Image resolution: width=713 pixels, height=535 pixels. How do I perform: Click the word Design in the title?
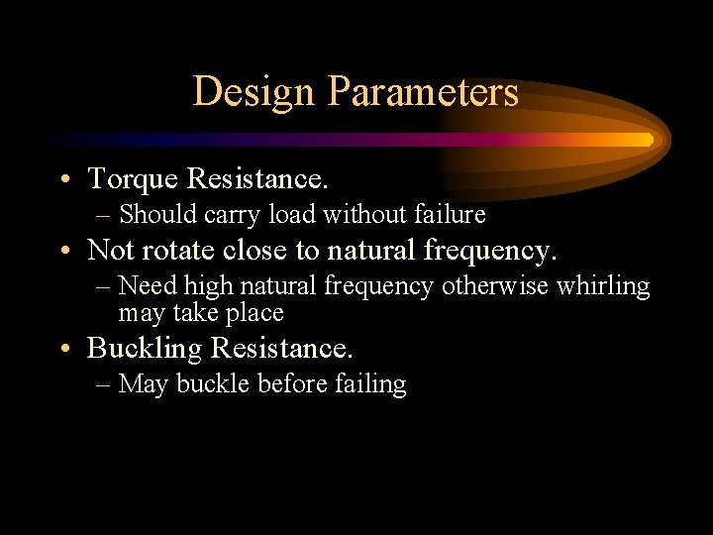(254, 92)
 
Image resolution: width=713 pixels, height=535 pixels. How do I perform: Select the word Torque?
(133, 179)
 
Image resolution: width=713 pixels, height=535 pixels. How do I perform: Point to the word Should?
(157, 214)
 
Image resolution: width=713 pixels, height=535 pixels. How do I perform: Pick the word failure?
(450, 214)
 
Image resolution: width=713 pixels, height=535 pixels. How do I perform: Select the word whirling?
(603, 286)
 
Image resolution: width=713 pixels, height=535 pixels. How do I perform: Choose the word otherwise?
(494, 286)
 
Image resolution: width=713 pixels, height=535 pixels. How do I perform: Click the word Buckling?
(145, 349)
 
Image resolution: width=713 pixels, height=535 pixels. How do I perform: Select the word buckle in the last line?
(213, 384)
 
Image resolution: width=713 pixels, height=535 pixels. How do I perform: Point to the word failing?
(371, 384)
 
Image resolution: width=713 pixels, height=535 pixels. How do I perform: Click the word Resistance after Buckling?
(281, 349)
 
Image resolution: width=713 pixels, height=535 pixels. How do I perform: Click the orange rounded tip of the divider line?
(648, 140)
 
